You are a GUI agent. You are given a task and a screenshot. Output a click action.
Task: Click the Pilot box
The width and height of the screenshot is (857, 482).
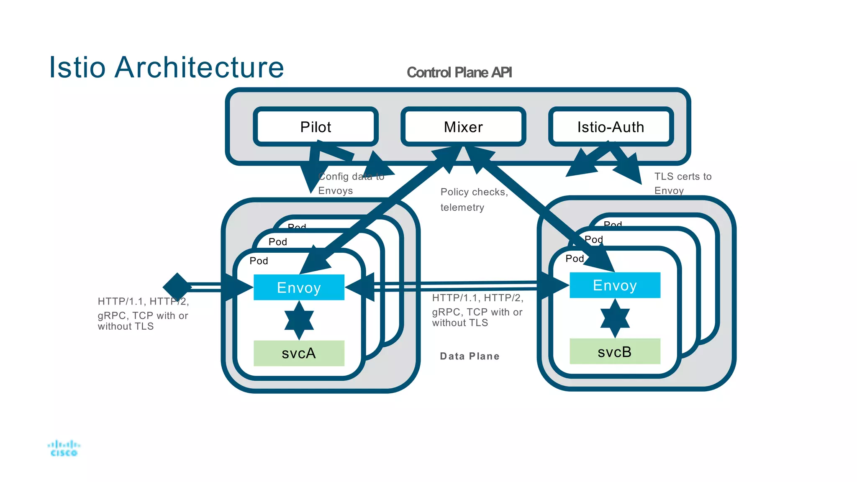316,127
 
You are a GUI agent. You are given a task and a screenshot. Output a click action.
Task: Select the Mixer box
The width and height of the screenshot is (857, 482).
463,127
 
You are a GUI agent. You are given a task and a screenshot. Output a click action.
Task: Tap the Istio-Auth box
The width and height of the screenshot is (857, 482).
611,127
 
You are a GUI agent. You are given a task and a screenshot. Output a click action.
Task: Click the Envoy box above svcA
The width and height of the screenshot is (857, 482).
299,287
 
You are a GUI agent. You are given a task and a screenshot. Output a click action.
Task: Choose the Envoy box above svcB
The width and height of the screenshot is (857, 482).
615,285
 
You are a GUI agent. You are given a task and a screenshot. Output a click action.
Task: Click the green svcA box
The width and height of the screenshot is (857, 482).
299,353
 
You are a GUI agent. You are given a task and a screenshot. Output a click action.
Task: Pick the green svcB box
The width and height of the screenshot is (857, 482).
615,351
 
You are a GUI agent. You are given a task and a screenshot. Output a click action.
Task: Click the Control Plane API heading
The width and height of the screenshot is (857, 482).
459,72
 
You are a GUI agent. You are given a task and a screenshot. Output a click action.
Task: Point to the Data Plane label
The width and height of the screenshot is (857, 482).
470,356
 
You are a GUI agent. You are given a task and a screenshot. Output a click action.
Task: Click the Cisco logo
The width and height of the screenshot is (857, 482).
64,449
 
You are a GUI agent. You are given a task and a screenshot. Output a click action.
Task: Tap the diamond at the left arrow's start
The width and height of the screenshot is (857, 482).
177,287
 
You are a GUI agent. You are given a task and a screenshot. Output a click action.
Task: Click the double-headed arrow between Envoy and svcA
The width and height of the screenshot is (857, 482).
299,320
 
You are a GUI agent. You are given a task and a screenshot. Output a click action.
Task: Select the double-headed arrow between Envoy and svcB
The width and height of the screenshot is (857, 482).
615,318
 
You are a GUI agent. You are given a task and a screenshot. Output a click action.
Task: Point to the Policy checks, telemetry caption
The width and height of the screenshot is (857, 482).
474,200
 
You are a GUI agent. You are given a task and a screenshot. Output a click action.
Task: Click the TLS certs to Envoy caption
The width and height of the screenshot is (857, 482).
682,183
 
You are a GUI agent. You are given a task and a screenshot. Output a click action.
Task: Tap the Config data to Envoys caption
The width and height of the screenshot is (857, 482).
351,183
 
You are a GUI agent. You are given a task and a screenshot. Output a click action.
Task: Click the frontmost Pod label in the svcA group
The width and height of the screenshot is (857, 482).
259,261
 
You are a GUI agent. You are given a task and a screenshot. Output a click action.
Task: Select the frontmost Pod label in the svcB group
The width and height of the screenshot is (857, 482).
575,259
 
